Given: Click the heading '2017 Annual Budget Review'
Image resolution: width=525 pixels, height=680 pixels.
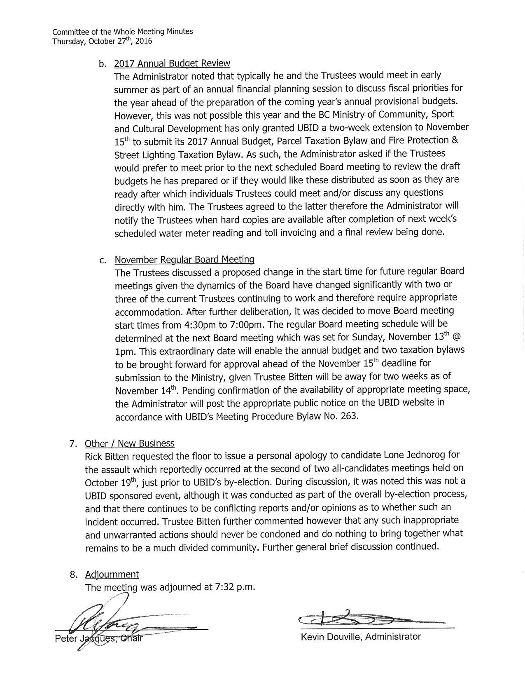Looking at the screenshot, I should [x=172, y=63].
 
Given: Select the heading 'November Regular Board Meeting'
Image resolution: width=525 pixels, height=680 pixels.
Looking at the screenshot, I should [x=184, y=260].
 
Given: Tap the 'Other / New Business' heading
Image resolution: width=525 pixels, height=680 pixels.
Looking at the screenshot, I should [x=130, y=443].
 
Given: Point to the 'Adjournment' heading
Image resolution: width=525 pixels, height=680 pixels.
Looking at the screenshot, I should [x=112, y=574].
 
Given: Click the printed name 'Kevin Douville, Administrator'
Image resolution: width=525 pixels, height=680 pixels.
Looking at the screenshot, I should [x=361, y=637].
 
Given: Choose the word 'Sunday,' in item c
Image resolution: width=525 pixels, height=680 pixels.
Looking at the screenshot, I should [x=368, y=338].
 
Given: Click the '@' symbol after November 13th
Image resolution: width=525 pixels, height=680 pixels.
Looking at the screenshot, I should [x=457, y=338].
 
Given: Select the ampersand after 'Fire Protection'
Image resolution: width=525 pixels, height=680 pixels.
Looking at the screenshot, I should [x=455, y=141].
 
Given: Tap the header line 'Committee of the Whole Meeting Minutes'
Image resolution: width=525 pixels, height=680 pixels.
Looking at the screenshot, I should [x=123, y=32].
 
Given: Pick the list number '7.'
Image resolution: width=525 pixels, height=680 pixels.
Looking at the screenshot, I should [x=73, y=444].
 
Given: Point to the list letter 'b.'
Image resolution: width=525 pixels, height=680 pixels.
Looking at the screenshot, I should [x=103, y=64].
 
